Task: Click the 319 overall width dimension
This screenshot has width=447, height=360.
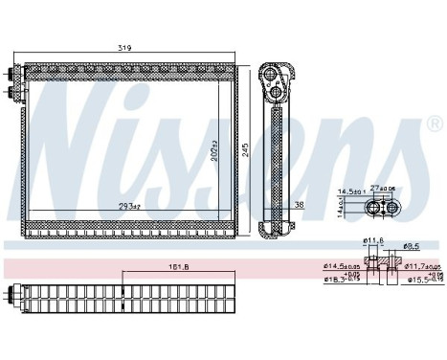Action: pyautogui.click(x=125, y=48)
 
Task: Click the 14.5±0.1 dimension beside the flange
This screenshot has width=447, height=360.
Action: pyautogui.click(x=348, y=191)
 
